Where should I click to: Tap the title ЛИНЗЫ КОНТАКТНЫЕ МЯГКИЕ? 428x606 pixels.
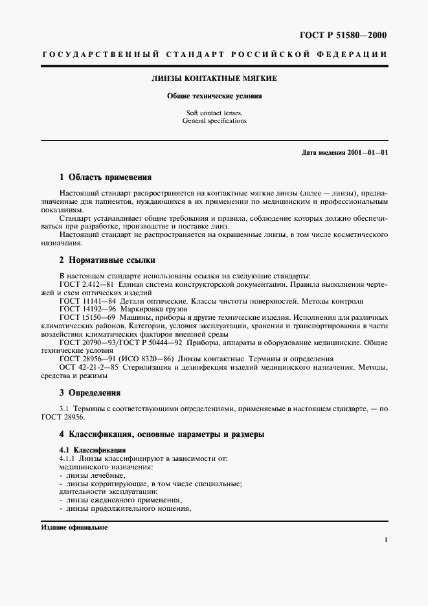(x=214, y=78)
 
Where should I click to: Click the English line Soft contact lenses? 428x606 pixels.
(x=214, y=113)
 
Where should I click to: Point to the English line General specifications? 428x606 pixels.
(x=214, y=121)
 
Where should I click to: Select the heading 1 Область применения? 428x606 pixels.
(x=105, y=177)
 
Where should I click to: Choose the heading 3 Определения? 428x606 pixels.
(x=90, y=392)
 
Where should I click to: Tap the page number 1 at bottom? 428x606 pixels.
(x=385, y=540)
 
